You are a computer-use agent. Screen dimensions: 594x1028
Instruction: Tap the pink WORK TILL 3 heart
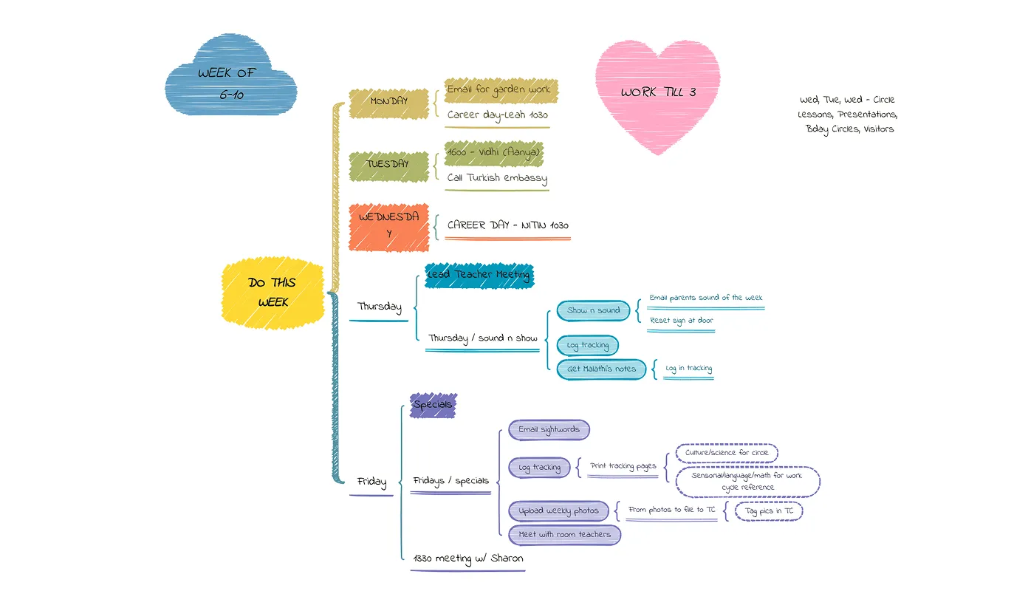[x=657, y=92]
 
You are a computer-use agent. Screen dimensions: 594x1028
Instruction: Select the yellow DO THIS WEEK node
[x=273, y=293]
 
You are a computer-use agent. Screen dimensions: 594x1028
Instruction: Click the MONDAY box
[x=388, y=101]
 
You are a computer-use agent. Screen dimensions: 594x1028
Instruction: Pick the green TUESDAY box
[x=388, y=164]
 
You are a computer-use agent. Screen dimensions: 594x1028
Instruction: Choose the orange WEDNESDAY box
[x=388, y=226]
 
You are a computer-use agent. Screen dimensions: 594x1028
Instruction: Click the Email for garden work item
[x=499, y=89]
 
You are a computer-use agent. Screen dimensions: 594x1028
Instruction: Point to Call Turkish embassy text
[x=497, y=178]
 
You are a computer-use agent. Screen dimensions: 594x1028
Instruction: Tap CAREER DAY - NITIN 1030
[x=507, y=225]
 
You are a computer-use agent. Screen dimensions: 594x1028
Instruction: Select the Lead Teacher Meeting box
[x=479, y=275]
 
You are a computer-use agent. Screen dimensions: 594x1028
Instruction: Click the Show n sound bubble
[x=593, y=311]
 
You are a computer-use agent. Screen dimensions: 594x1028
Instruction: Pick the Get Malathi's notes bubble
[x=601, y=369]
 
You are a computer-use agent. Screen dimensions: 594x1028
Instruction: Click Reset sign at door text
[x=681, y=321]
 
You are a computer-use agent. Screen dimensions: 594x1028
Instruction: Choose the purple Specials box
[x=433, y=405]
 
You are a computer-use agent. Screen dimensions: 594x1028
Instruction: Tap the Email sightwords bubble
[x=549, y=429]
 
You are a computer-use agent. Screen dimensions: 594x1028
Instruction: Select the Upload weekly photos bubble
[x=558, y=511]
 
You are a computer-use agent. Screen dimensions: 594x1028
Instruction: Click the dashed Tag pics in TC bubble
[x=768, y=511]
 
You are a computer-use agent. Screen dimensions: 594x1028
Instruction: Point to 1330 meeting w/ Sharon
[x=468, y=559]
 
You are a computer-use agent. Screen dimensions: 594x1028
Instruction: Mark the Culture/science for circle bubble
[x=727, y=453]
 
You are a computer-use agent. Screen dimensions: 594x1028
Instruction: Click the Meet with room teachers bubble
[x=564, y=534]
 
